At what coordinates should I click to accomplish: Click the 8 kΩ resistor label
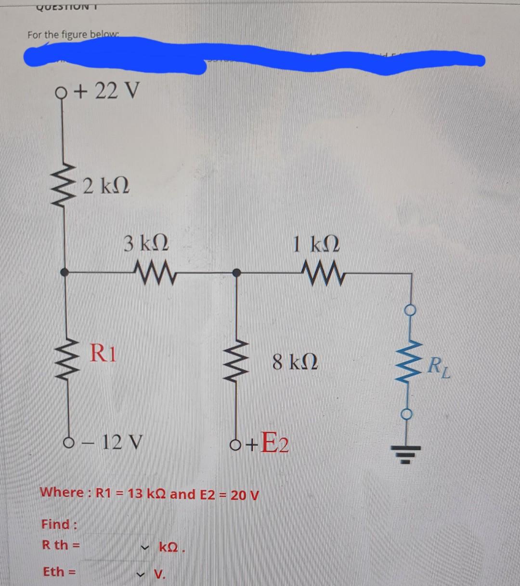[294, 361]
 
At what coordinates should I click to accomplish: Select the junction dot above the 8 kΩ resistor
[236, 273]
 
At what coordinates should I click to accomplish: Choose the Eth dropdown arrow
[142, 573]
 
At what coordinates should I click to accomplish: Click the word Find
[60, 524]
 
